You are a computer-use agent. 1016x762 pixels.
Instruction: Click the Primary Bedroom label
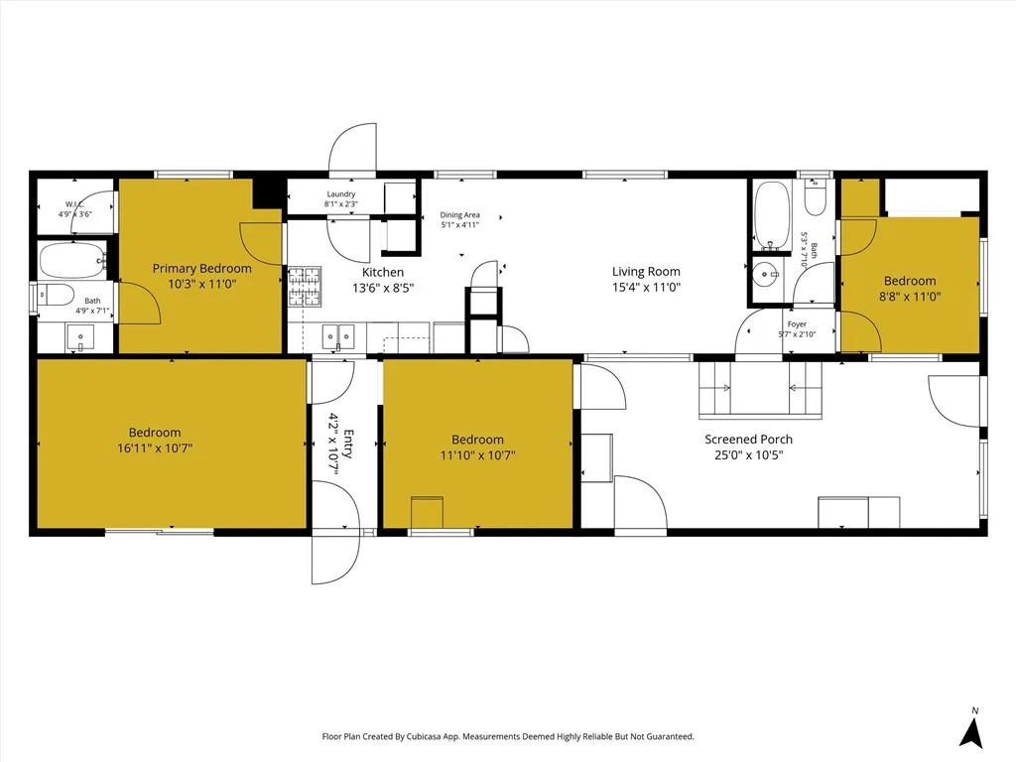[201, 268]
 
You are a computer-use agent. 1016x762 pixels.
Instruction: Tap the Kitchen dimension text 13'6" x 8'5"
[382, 288]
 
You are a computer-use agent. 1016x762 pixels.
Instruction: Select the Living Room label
[646, 271]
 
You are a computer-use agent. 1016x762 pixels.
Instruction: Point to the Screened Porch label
[748, 440]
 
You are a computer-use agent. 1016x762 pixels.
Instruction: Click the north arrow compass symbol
[974, 731]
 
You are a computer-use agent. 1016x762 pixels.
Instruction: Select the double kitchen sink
[338, 337]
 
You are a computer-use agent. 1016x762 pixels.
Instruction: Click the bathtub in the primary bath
[72, 261]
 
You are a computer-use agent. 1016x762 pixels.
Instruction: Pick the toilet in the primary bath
[55, 295]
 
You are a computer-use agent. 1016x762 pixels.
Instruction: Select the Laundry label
[340, 194]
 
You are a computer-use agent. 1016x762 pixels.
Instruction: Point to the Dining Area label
[460, 214]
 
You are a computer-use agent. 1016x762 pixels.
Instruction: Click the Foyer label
[797, 324]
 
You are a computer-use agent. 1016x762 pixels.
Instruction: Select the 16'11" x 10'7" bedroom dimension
[154, 448]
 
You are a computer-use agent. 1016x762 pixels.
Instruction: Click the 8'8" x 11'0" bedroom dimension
[909, 296]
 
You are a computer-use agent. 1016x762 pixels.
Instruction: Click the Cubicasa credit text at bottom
[508, 736]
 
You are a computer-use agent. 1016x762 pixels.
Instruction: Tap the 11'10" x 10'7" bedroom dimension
[476, 455]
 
